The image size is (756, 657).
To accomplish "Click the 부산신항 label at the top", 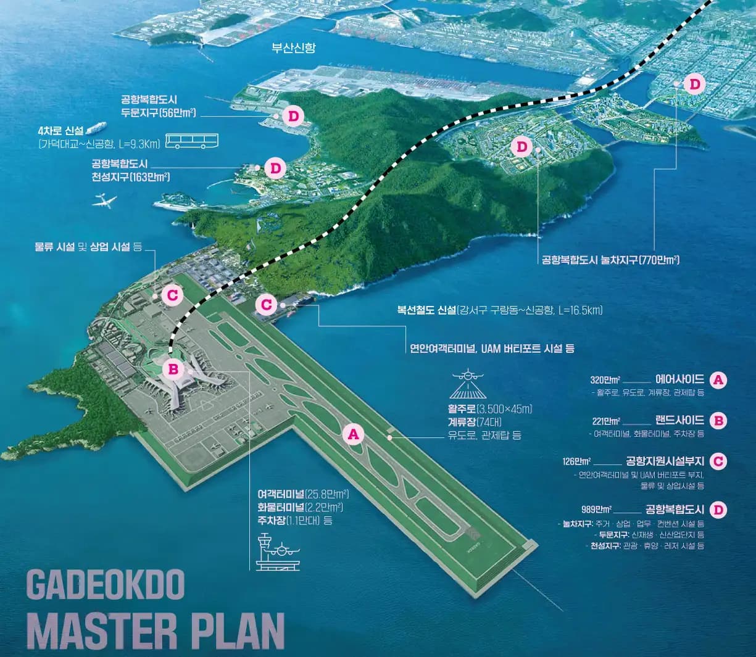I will [294, 48].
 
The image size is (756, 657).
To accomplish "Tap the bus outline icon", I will [192, 143].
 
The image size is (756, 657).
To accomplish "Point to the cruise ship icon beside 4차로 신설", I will [93, 128].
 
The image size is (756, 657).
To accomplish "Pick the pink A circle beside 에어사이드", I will [718, 379].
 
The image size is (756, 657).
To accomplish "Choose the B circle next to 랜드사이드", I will [718, 421].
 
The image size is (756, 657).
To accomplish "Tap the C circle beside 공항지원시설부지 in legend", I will [718, 461].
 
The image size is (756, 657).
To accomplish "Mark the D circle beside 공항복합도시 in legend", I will [718, 510].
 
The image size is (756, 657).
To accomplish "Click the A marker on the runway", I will [353, 434].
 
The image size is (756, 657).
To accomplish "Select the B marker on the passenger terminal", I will [173, 369].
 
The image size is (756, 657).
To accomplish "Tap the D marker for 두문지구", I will [293, 115].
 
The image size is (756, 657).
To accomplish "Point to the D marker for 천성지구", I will [275, 167].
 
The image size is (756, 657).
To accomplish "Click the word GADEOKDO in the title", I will [106, 585].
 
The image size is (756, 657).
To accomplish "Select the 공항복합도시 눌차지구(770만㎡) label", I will [610, 260].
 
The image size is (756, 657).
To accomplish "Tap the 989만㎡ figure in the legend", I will [596, 510].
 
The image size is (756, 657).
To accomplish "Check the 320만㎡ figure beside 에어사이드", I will [605, 379].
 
